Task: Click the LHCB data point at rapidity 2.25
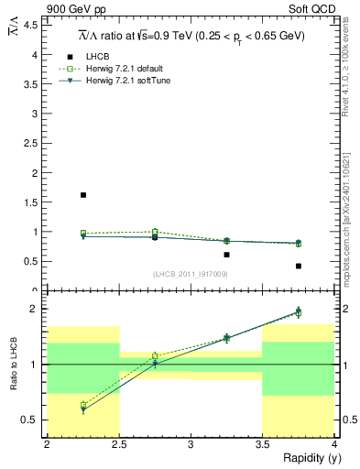click(x=82, y=195)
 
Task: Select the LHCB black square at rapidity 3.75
click(x=299, y=266)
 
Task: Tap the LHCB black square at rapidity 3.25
click(x=226, y=255)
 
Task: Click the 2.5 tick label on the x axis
click(x=119, y=444)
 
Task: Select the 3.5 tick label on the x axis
click(x=263, y=444)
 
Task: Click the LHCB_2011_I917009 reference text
click(x=189, y=274)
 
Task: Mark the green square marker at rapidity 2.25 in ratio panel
click(x=83, y=405)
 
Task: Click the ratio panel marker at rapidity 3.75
click(x=299, y=312)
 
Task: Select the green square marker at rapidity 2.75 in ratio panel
click(x=155, y=355)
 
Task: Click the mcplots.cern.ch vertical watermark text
click(x=351, y=211)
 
